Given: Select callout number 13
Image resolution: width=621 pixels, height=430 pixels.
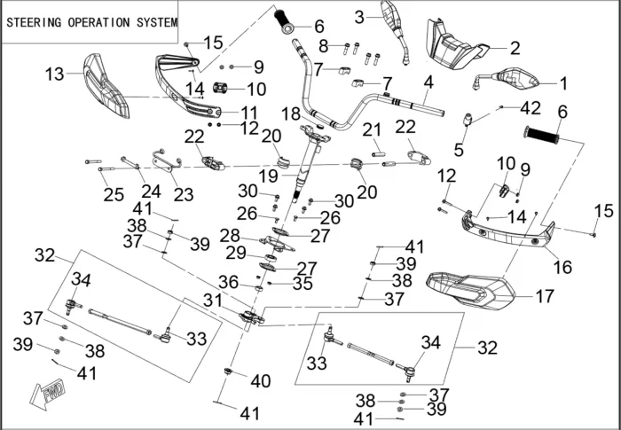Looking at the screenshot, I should pos(55,74).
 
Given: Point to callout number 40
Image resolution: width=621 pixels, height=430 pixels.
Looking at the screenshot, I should pos(260,381).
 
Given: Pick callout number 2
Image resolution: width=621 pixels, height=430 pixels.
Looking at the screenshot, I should pos(515,47).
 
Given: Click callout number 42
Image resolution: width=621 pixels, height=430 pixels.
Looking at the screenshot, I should pos(530,108).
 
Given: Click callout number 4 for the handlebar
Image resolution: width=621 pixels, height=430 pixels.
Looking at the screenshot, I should pos(428,83).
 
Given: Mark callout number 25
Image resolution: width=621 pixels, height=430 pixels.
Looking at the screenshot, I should pos(114,193).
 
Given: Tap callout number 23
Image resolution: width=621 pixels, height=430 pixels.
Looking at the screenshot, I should pos(183,195).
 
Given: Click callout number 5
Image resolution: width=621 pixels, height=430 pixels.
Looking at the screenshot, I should pos(459,149).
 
